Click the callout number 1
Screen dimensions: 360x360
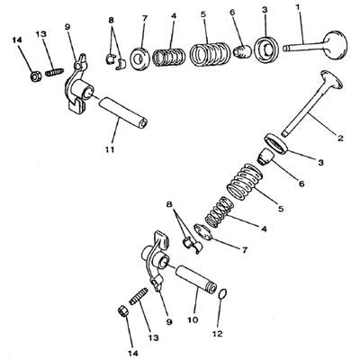click(298, 8)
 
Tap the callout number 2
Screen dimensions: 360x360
click(340, 139)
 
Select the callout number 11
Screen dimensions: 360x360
click(110, 149)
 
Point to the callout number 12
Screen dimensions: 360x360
click(218, 333)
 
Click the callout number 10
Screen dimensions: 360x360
click(193, 319)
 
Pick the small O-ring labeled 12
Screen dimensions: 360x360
click(222, 293)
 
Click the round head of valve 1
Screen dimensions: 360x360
click(336, 44)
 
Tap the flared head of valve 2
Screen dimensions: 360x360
click(331, 78)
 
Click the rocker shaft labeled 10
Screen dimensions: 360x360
click(196, 278)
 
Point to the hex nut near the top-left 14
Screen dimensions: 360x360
click(36, 77)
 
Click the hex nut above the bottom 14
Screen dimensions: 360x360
click(122, 310)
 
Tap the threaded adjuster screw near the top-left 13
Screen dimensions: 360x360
click(55, 72)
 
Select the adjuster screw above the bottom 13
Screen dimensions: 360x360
click(139, 296)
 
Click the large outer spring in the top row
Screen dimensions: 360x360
click(210, 55)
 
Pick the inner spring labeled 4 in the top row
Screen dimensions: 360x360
click(167, 58)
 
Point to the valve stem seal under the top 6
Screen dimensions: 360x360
click(241, 51)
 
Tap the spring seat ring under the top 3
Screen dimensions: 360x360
click(265, 47)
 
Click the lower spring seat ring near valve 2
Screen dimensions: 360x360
click(277, 144)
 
